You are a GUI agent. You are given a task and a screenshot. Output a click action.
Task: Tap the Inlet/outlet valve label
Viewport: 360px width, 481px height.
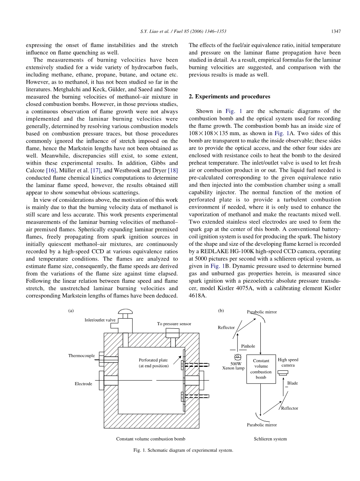[x=100, y=320]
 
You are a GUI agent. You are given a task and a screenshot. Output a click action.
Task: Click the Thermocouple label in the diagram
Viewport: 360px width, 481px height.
[x=81, y=356]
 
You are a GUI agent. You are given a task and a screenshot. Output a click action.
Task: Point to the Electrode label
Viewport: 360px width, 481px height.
[x=83, y=384]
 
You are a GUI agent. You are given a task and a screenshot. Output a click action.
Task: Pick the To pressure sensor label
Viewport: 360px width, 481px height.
[x=174, y=324]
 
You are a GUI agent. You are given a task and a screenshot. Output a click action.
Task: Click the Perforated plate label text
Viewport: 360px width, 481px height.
[x=153, y=363]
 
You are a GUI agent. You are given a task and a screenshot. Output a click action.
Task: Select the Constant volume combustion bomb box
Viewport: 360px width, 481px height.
[x=261, y=369]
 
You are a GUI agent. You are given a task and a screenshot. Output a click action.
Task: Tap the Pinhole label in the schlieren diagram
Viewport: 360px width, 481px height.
[x=248, y=346]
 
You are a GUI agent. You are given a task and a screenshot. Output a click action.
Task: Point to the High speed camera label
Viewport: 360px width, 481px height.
[x=288, y=362]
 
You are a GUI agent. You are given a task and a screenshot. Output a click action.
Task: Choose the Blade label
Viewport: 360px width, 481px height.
[x=292, y=383]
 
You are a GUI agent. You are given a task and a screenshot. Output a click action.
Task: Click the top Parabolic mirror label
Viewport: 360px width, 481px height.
[x=262, y=312]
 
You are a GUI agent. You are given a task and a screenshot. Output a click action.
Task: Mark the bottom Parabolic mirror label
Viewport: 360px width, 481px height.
[x=262, y=425]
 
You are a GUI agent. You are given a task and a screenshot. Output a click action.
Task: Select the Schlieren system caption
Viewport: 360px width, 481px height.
[x=270, y=439]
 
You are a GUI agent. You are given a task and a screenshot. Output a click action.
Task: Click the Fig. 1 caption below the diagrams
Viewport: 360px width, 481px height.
[x=183, y=450]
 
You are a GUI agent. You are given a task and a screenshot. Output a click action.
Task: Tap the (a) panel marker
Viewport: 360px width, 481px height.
[x=71, y=311]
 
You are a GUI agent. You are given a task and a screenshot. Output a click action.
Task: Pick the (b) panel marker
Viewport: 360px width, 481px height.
[x=221, y=311]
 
